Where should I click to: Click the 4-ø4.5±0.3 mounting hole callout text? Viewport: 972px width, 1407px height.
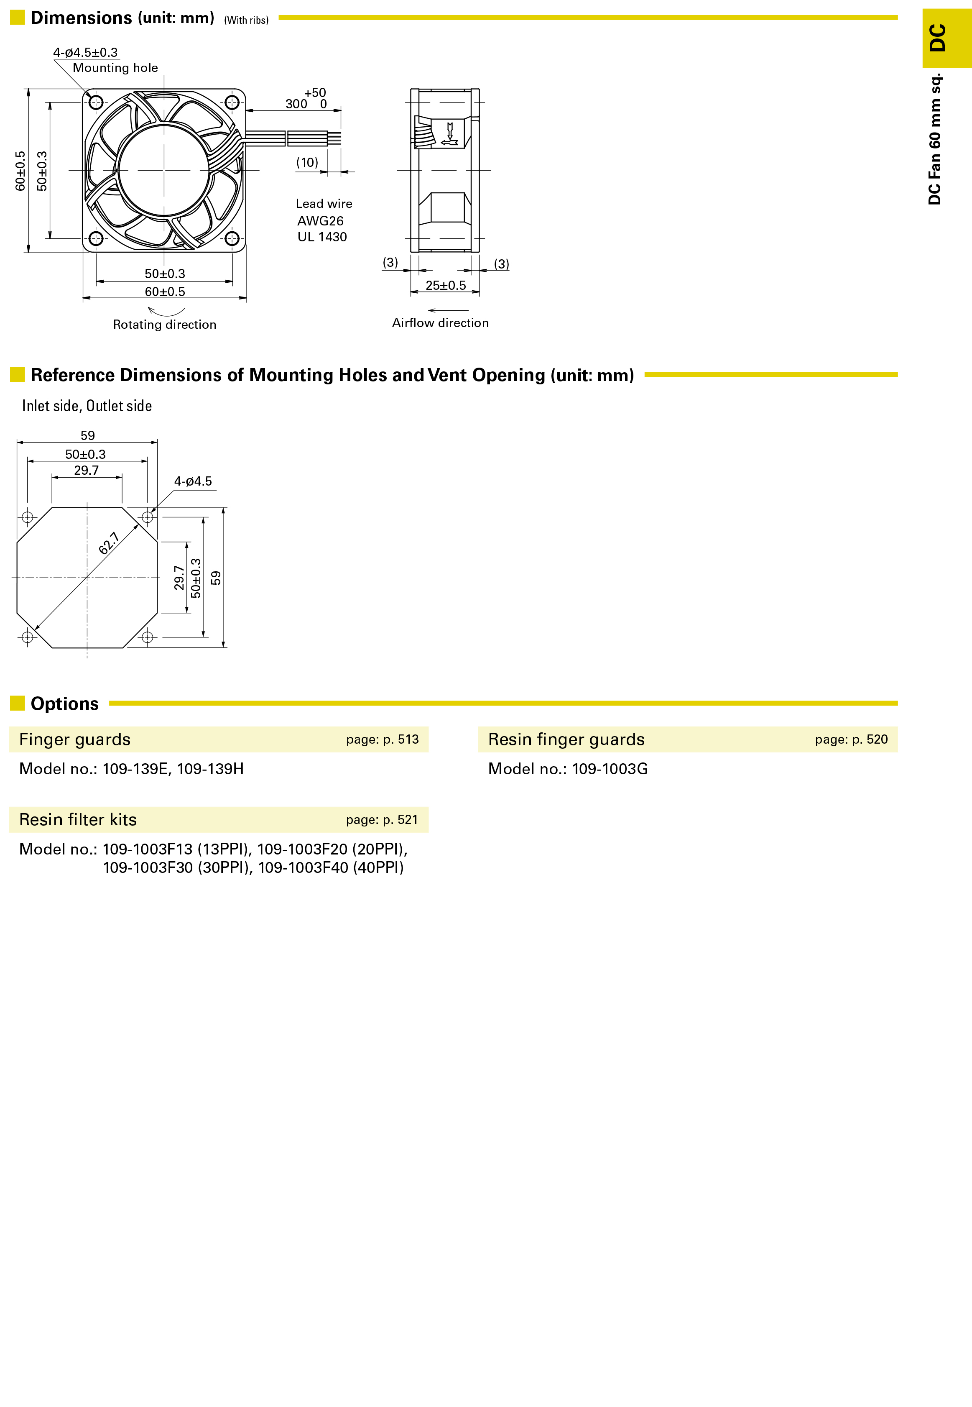pos(85,52)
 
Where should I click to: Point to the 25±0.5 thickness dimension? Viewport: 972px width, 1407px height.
pos(445,285)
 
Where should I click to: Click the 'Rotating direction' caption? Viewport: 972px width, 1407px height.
pos(164,324)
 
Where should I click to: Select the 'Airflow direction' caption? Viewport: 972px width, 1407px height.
pos(440,322)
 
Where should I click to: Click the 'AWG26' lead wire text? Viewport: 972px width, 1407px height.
pos(320,220)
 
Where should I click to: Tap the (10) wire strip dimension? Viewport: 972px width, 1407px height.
pos(307,162)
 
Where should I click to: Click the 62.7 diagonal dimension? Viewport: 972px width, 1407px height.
pos(109,543)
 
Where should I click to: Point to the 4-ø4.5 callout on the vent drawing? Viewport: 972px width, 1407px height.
pos(193,481)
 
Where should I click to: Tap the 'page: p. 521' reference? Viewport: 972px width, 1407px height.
pos(383,820)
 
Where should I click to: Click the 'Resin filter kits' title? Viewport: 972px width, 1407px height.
pos(78,820)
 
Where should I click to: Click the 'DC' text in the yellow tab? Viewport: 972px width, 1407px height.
pos(937,38)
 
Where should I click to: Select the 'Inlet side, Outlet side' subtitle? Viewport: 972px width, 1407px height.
pos(87,406)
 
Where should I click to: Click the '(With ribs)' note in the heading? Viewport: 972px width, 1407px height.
pos(246,20)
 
